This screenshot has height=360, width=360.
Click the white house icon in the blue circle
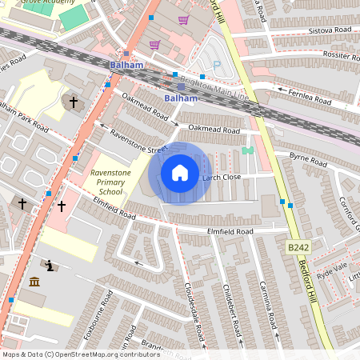[x=180, y=173]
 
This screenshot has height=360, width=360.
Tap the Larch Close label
[x=222, y=177]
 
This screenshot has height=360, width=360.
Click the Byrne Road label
[x=308, y=159]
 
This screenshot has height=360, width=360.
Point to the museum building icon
[x=34, y=282]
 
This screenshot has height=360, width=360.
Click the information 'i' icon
[x=50, y=265]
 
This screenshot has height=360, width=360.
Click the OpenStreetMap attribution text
[x=81, y=354]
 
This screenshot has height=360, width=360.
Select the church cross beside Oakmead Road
[x=74, y=102]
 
